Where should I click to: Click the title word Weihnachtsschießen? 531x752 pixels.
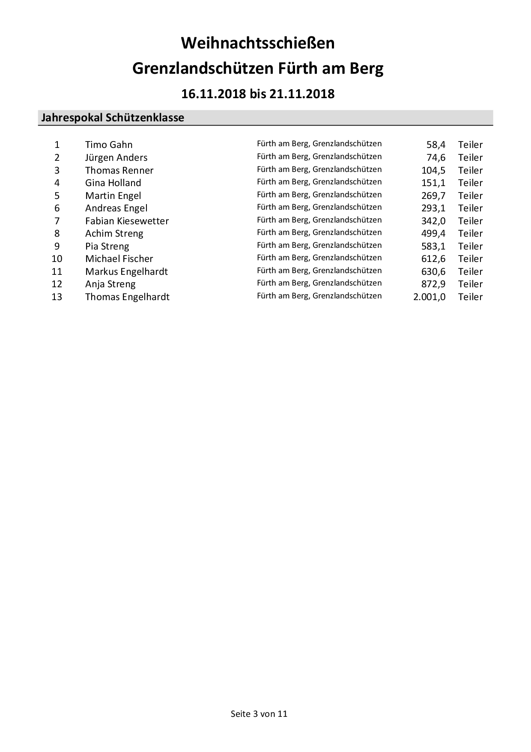click(258, 43)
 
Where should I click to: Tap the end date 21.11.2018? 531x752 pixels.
click(302, 94)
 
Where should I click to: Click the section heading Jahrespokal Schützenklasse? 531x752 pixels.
click(112, 118)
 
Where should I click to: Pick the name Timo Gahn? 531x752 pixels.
click(109, 145)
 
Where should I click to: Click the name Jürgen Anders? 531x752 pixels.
click(116, 158)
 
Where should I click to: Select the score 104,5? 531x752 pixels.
click(433, 170)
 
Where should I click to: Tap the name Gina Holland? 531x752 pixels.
click(113, 183)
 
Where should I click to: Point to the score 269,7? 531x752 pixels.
click(433, 196)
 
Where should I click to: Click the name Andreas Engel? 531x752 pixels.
click(116, 208)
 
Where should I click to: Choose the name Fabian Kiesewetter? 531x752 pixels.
click(127, 221)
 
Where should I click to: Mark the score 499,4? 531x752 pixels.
click(433, 234)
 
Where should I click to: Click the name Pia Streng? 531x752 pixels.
click(107, 247)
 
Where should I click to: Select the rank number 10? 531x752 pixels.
click(57, 259)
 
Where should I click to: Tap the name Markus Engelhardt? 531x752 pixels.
click(126, 272)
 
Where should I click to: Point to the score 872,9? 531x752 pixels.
click(433, 284)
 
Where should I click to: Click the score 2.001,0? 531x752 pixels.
click(429, 297)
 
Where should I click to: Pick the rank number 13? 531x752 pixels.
click(57, 297)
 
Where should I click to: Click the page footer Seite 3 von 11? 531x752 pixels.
click(259, 714)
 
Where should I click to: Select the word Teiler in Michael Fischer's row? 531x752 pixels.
click(470, 259)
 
